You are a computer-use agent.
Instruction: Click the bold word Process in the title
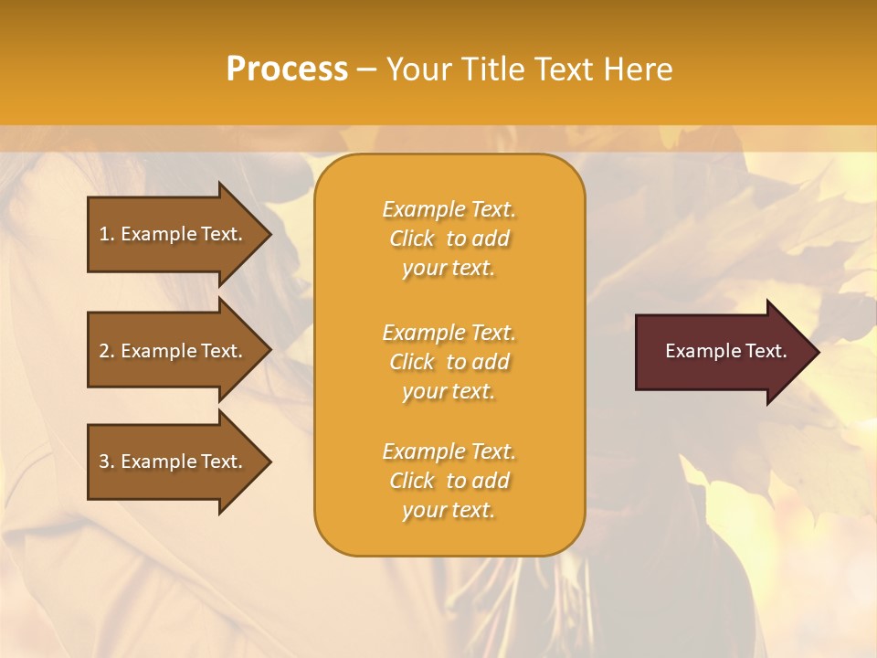(x=287, y=69)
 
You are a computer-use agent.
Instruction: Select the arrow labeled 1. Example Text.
(x=174, y=234)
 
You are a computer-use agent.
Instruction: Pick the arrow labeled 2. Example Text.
(x=174, y=351)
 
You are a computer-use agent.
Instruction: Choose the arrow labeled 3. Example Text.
(x=174, y=462)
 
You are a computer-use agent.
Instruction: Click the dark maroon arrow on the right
(x=722, y=351)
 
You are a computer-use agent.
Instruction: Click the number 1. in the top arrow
(x=107, y=234)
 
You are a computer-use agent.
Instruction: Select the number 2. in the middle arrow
(x=107, y=351)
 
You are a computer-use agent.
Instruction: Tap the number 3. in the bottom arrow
(x=107, y=462)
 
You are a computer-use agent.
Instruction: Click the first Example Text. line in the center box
(x=449, y=209)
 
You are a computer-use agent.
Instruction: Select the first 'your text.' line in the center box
(x=449, y=269)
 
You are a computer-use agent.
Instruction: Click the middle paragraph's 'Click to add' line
(x=449, y=362)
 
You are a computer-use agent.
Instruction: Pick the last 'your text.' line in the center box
(x=449, y=511)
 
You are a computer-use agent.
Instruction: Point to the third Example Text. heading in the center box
(x=449, y=451)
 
